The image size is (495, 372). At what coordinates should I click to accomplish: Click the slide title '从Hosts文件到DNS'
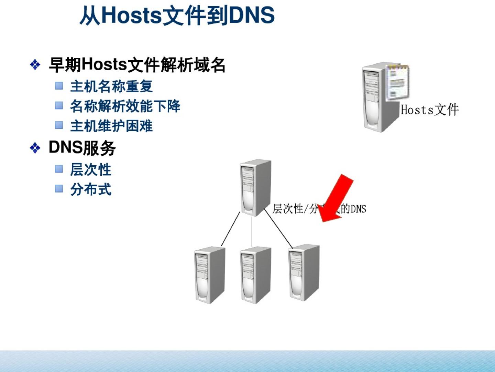point(177,15)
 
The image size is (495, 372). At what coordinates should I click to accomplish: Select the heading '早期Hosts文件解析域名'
point(137,65)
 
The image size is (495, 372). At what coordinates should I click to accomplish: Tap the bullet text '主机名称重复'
point(111,86)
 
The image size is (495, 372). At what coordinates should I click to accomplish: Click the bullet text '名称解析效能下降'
point(125,106)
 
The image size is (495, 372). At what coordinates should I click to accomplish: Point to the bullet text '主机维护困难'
point(111,126)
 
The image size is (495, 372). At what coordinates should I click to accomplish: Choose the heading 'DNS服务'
point(82,148)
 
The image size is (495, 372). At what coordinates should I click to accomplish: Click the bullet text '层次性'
point(91,169)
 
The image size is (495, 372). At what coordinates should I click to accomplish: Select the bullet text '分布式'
point(91,189)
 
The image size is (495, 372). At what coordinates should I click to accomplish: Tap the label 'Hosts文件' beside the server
point(429,110)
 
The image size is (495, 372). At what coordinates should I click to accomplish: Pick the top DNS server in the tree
point(255,188)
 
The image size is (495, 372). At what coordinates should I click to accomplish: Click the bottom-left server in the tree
point(209,275)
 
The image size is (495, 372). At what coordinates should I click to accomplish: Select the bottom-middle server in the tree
point(255,275)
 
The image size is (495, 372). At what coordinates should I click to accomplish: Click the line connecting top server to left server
point(230,229)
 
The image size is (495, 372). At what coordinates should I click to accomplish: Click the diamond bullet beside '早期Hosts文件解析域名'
point(35,65)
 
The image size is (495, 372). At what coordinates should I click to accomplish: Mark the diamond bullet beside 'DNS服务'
point(35,148)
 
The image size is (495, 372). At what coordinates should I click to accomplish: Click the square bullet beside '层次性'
point(59,169)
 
